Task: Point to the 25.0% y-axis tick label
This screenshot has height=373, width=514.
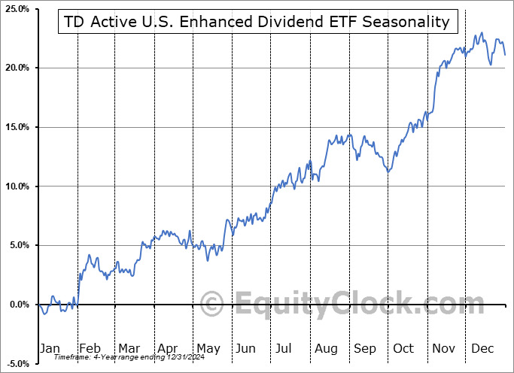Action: (17, 9)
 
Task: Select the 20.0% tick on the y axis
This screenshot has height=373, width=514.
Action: (17, 68)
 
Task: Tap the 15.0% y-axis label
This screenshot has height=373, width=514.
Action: (17, 127)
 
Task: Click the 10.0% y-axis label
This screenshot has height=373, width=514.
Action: (17, 186)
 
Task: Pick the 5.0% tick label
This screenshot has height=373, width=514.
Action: (19, 245)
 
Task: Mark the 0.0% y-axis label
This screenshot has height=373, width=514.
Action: (19, 305)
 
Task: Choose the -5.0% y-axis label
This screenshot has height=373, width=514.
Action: (17, 364)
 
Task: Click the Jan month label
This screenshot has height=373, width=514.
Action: (49, 348)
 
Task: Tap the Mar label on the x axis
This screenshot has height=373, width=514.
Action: (129, 348)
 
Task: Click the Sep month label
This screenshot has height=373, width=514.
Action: (365, 348)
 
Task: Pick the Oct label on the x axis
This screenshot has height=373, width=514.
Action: (404, 348)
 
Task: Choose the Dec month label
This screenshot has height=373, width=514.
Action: (483, 348)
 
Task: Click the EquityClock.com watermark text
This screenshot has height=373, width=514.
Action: (348, 305)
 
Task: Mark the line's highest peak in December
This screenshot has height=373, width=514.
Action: (482, 33)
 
